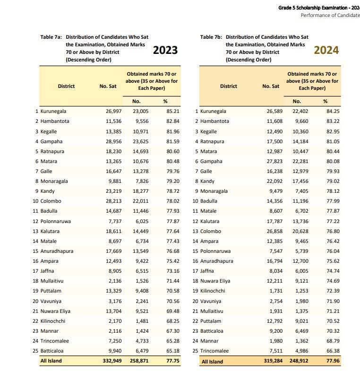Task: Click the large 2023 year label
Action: [165, 50]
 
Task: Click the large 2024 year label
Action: [326, 50]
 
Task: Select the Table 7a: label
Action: [51, 37]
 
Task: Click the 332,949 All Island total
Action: [106, 361]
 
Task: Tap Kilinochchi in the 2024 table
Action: [214, 291]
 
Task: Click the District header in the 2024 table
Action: [228, 86]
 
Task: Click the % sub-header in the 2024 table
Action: [326, 101]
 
